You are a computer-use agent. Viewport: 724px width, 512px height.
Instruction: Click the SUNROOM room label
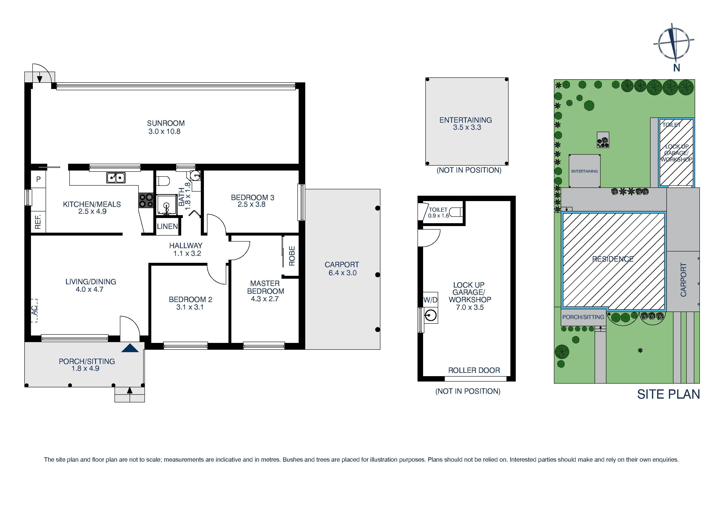[166, 123]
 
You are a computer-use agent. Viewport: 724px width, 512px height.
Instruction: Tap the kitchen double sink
[116, 178]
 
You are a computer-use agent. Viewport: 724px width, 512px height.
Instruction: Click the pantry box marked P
[38, 179]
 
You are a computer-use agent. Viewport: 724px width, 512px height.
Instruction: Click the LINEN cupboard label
[167, 226]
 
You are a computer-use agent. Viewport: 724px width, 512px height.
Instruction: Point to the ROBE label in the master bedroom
[292, 256]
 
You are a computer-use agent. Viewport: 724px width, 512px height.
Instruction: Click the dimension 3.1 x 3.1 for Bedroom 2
[190, 307]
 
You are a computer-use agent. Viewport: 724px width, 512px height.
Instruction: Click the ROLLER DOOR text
[474, 370]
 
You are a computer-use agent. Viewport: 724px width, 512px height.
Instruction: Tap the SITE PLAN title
[668, 394]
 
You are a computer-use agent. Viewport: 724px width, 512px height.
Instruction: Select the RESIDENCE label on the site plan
[613, 259]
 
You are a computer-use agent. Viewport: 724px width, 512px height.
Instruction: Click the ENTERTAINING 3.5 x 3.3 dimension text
[467, 127]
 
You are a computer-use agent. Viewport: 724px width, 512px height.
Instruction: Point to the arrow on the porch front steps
[130, 390]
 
